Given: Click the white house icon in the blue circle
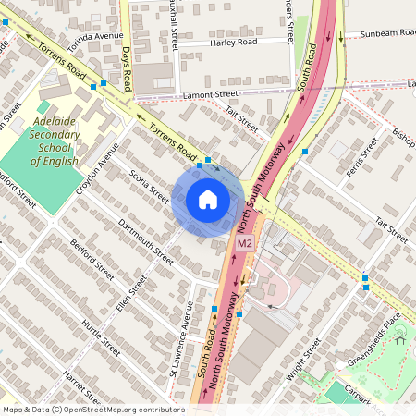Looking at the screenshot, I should (207, 200).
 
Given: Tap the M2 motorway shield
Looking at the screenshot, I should (244, 244).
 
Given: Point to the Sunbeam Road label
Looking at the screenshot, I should (387, 33).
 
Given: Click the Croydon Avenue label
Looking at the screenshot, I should (99, 166).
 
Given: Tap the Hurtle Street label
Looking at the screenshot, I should (101, 339).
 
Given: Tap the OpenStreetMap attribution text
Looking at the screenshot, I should (93, 410).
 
